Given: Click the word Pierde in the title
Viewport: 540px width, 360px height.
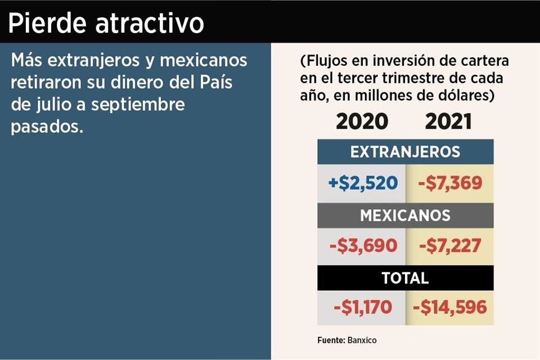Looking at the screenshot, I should point(47,24).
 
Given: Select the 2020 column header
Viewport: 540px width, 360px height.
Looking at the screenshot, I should point(362,121).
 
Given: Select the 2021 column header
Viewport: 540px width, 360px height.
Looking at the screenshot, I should point(448,121).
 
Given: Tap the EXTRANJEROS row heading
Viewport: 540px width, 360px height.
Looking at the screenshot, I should point(405,152).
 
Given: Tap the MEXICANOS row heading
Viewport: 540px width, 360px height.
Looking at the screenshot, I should point(405,215).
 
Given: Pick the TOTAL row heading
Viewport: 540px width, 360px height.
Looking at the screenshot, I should point(405,278).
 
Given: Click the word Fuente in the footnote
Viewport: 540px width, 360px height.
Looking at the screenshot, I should point(330,340).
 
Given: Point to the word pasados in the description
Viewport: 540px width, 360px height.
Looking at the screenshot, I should point(46,127).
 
